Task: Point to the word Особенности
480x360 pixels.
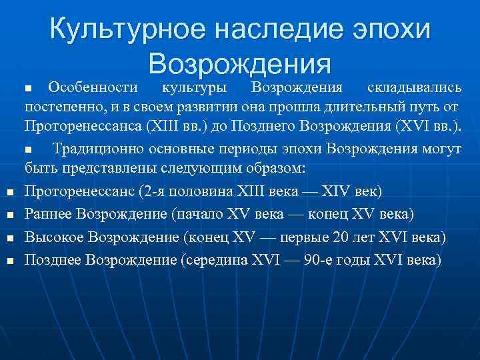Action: [x=93, y=87]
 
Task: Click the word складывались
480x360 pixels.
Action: [x=414, y=87]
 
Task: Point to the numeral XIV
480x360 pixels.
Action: [x=339, y=192]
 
